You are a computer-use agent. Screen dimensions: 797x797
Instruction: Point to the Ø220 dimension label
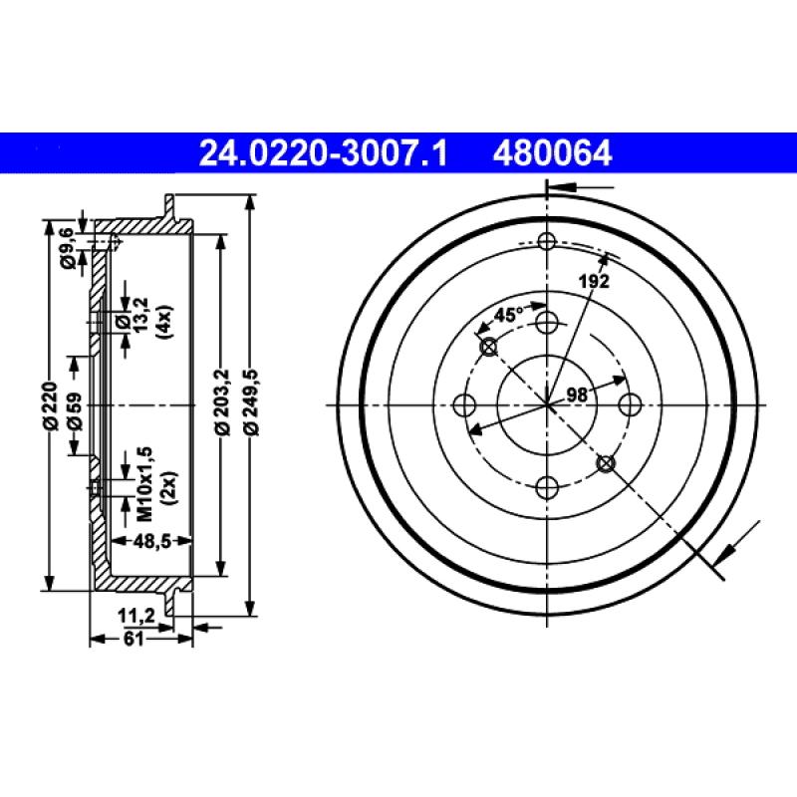(50, 406)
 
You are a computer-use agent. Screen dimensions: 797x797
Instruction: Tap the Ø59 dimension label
(76, 406)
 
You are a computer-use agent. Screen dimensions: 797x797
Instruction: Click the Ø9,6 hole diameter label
(67, 248)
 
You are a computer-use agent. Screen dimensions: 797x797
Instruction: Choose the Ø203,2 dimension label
(221, 406)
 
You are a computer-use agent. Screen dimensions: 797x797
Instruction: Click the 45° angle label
(509, 314)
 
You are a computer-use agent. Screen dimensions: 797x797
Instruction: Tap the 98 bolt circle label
(576, 395)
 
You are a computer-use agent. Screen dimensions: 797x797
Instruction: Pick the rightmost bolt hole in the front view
(630, 404)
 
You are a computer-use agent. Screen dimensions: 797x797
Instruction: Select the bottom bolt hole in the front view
(547, 487)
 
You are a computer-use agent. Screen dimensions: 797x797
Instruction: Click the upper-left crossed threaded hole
(488, 346)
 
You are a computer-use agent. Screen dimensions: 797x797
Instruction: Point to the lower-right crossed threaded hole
(605, 463)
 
